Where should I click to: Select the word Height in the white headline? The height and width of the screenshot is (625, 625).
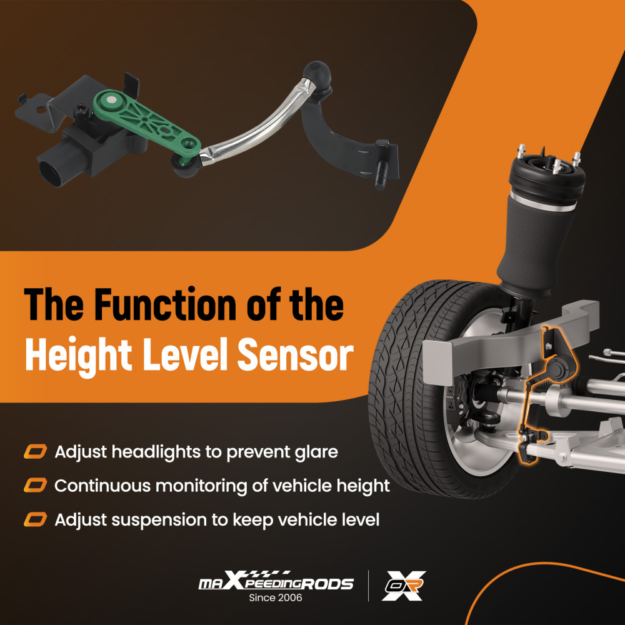(x=78, y=355)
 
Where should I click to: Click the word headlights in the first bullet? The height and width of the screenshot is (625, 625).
(x=156, y=452)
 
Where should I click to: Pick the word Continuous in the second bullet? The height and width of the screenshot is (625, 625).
(x=102, y=486)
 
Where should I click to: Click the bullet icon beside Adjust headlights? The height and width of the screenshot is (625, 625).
(x=36, y=452)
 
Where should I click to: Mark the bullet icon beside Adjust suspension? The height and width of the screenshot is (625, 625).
(x=36, y=520)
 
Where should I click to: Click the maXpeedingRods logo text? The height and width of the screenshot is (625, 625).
(x=276, y=581)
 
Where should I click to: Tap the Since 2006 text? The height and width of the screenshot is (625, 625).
(x=276, y=597)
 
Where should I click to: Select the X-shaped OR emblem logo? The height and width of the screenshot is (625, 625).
(x=403, y=586)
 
